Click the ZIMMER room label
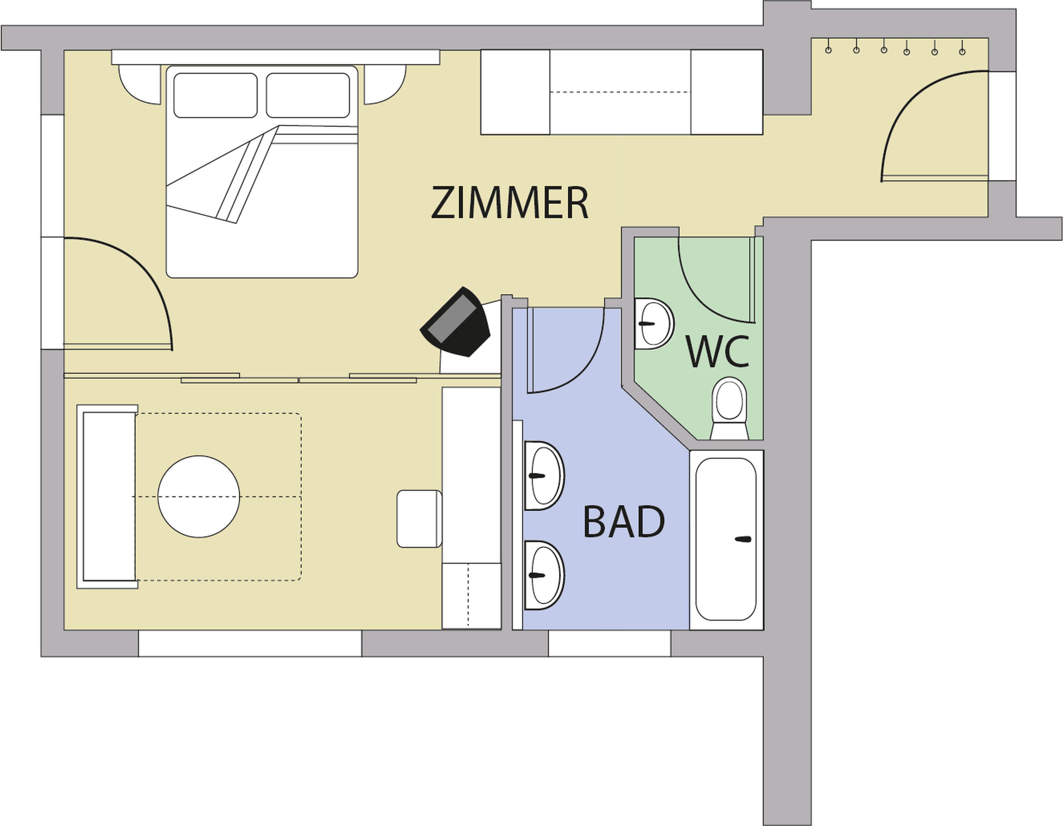(509, 202)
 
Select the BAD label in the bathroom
(624, 521)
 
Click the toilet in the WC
(729, 408)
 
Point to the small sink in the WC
(654, 324)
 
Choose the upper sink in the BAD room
(544, 476)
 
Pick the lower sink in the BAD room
(544, 575)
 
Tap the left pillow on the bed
(215, 95)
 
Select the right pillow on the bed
(308, 95)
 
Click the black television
(455, 322)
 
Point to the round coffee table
(199, 496)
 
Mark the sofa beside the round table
(107, 496)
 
